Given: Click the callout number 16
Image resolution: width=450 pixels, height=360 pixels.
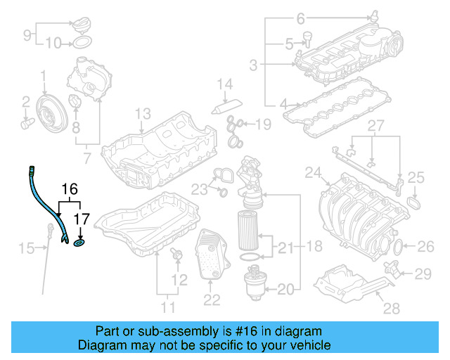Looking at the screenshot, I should pyautogui.click(x=68, y=189).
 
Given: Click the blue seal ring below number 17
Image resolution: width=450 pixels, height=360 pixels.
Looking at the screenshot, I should pyautogui.click(x=79, y=244).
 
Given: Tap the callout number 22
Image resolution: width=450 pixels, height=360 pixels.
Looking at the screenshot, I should pyautogui.click(x=212, y=300).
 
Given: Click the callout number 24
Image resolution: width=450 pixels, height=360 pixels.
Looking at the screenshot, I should pyautogui.click(x=312, y=172).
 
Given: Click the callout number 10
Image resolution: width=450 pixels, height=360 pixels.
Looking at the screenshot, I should pyautogui.click(x=53, y=44).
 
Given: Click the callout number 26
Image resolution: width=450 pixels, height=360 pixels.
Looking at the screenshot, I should pyautogui.click(x=426, y=246).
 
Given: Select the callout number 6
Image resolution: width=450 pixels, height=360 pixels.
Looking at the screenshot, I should pyautogui.click(x=300, y=18).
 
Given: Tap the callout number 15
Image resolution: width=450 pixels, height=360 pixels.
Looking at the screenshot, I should pyautogui.click(x=26, y=247).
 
